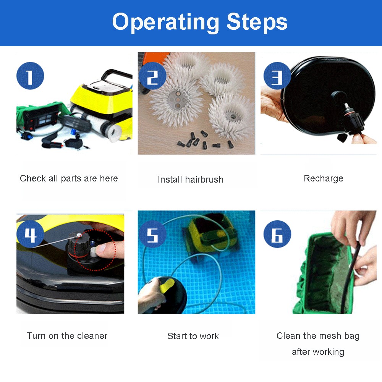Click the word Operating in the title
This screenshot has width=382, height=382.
click(165, 23)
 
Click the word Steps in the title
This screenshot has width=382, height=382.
click(257, 21)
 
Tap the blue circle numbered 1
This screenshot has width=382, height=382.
click(30, 76)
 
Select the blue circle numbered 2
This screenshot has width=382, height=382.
click(152, 76)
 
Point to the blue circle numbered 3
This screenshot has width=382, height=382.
click(277, 76)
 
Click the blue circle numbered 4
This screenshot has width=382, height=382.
click(30, 234)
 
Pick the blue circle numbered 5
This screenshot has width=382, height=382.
click(152, 234)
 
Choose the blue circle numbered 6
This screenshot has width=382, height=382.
click(277, 234)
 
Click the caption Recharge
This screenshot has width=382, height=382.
click(324, 178)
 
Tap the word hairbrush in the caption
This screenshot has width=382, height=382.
click(204, 180)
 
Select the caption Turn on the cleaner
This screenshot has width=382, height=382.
click(67, 336)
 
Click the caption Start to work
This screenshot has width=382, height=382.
click(193, 336)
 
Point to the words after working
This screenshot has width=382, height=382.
click(318, 352)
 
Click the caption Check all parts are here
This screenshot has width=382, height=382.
click(69, 178)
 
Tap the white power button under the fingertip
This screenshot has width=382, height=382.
click(93, 252)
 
